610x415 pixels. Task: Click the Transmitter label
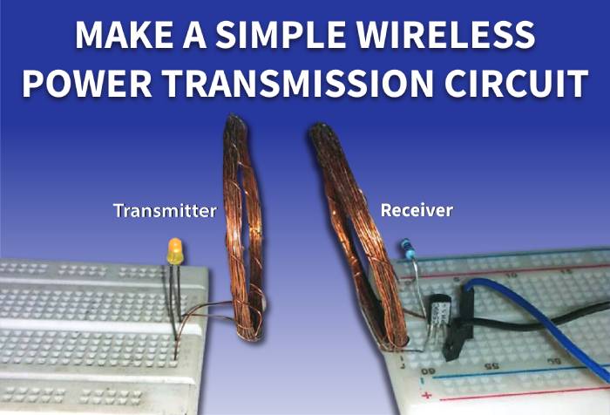pos(165,210)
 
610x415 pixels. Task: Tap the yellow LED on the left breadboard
pos(174,251)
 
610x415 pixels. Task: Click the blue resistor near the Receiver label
pos(408,253)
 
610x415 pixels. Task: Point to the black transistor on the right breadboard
pos(439,310)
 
